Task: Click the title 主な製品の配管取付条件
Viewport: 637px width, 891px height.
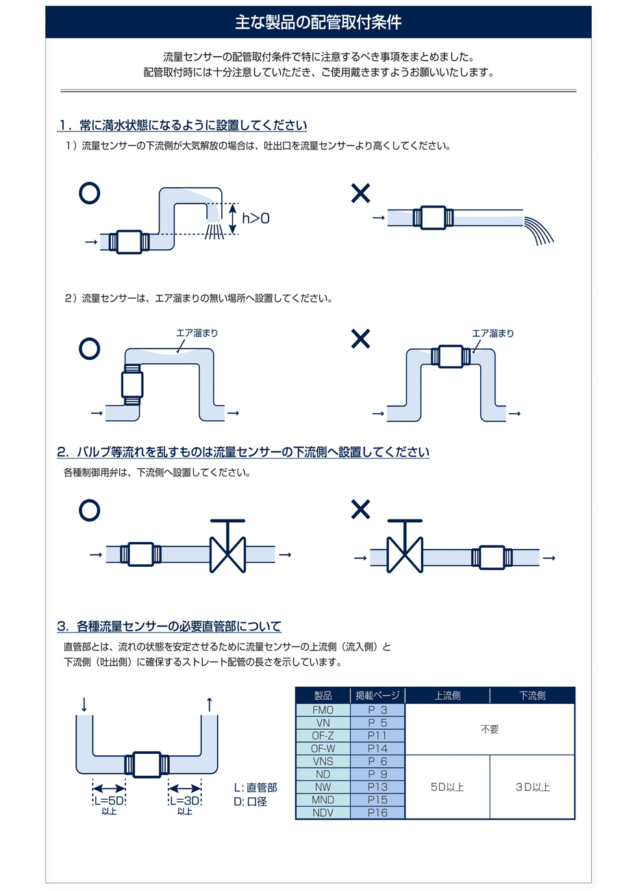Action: point(318,22)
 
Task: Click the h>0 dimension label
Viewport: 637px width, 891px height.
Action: point(255,218)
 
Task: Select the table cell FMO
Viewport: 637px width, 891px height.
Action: point(323,710)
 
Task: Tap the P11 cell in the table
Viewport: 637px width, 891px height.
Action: point(377,735)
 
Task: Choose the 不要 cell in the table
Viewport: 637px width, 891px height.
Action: point(490,729)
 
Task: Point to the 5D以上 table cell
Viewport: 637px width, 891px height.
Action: point(447,788)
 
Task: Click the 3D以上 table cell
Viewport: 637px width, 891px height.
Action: point(532,788)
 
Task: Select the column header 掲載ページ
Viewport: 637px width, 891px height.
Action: point(377,696)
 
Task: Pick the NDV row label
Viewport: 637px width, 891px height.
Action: point(323,812)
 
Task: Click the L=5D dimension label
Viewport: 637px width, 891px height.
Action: point(110,801)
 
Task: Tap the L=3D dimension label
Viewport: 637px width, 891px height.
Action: point(184,801)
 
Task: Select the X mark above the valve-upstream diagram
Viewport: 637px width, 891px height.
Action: point(360,509)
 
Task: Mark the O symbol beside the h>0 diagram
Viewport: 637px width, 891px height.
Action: point(90,193)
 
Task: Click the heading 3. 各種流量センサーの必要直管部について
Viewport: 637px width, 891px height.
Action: point(169,626)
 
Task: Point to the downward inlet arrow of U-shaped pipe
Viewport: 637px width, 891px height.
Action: point(84,704)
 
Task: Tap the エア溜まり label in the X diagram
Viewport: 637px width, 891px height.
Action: point(492,333)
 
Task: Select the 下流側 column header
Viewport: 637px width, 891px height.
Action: point(532,696)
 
